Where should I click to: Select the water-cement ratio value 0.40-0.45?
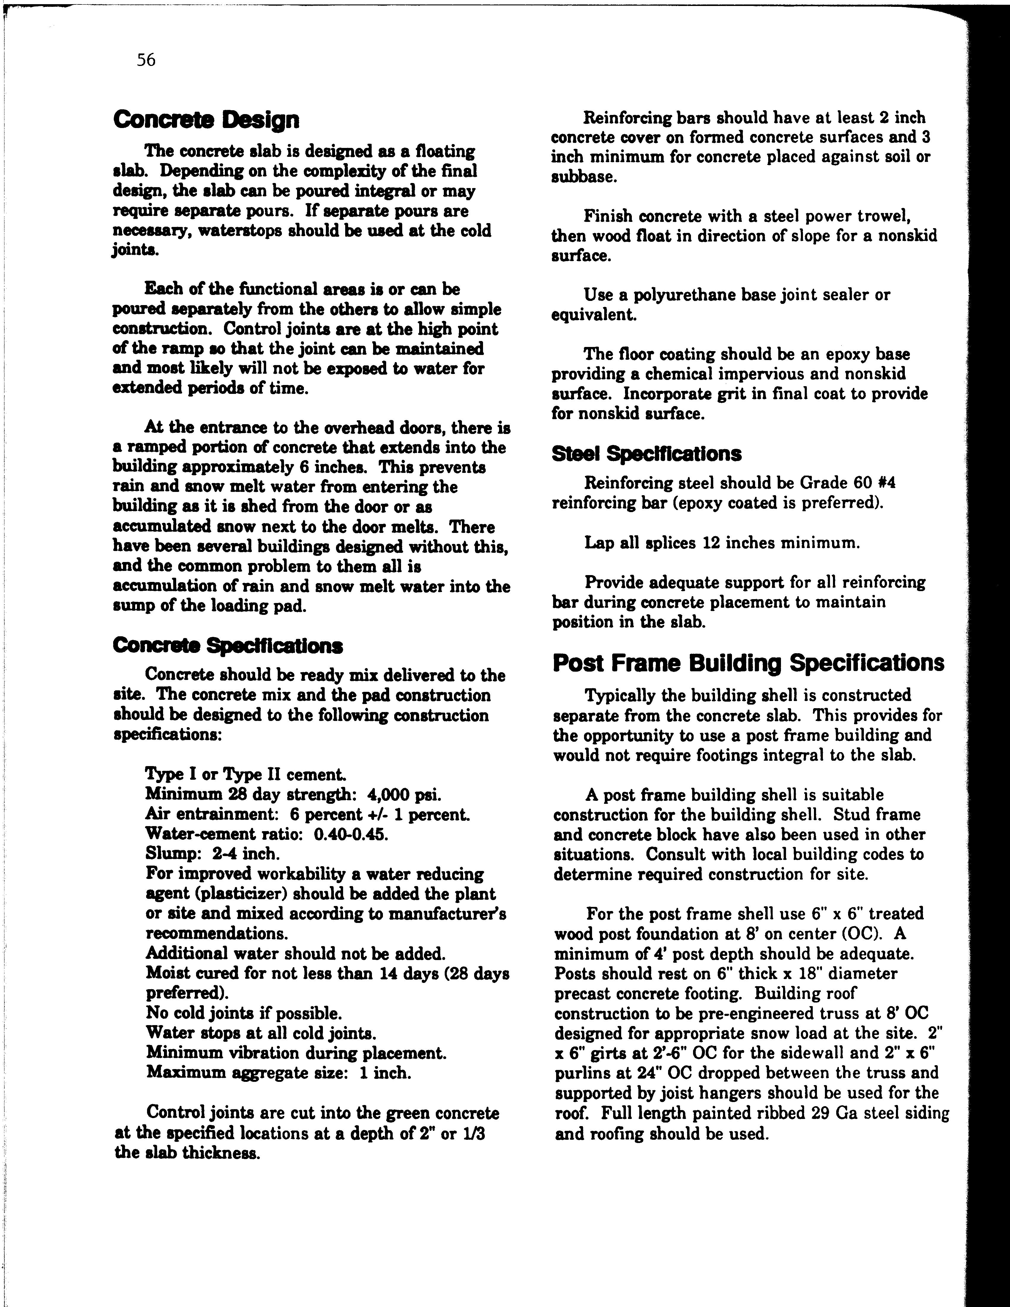pos(351,834)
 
